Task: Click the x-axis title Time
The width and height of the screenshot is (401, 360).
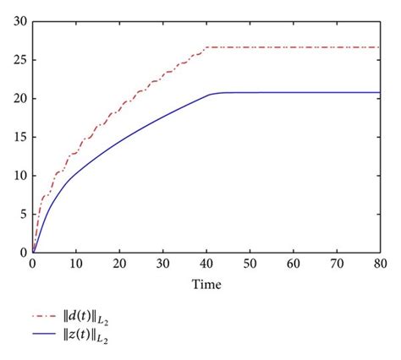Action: click(206, 286)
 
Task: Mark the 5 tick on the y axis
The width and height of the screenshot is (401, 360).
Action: click(23, 214)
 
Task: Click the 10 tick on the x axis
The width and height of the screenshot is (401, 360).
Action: click(75, 265)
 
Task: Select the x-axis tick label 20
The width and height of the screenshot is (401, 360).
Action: click(118, 265)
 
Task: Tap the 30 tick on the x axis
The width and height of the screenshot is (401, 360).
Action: click(162, 265)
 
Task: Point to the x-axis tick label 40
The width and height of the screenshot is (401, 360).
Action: click(206, 265)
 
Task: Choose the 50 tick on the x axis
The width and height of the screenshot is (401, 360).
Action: click(250, 265)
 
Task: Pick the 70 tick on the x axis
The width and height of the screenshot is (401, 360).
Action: click(337, 265)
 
